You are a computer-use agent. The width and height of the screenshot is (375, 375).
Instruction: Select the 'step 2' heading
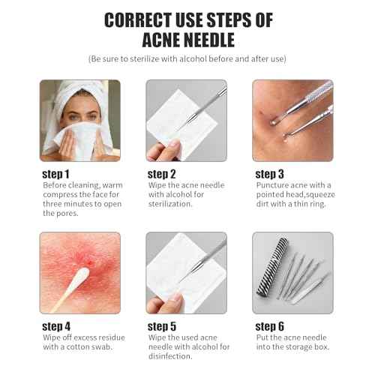click(163, 173)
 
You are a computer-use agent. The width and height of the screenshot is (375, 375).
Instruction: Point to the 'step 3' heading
click(271, 173)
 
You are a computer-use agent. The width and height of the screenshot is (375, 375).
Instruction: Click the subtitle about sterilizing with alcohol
click(187, 58)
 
